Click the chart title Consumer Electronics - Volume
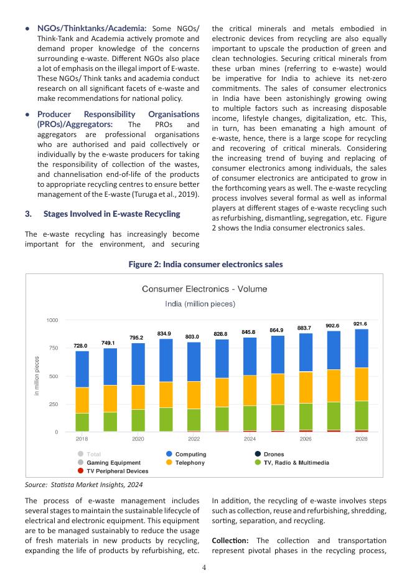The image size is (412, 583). [204, 289]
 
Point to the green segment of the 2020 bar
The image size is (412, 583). [138, 420]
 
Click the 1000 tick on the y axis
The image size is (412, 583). [52, 320]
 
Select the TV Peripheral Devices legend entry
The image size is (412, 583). [113, 472]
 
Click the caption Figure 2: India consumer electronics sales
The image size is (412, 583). [205, 265]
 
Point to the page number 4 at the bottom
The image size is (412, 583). [205, 567]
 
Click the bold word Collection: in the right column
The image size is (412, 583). [232, 539]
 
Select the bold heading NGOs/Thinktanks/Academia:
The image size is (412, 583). [92, 29]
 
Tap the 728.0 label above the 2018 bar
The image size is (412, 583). [80, 346]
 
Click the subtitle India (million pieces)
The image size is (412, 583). [200, 304]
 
